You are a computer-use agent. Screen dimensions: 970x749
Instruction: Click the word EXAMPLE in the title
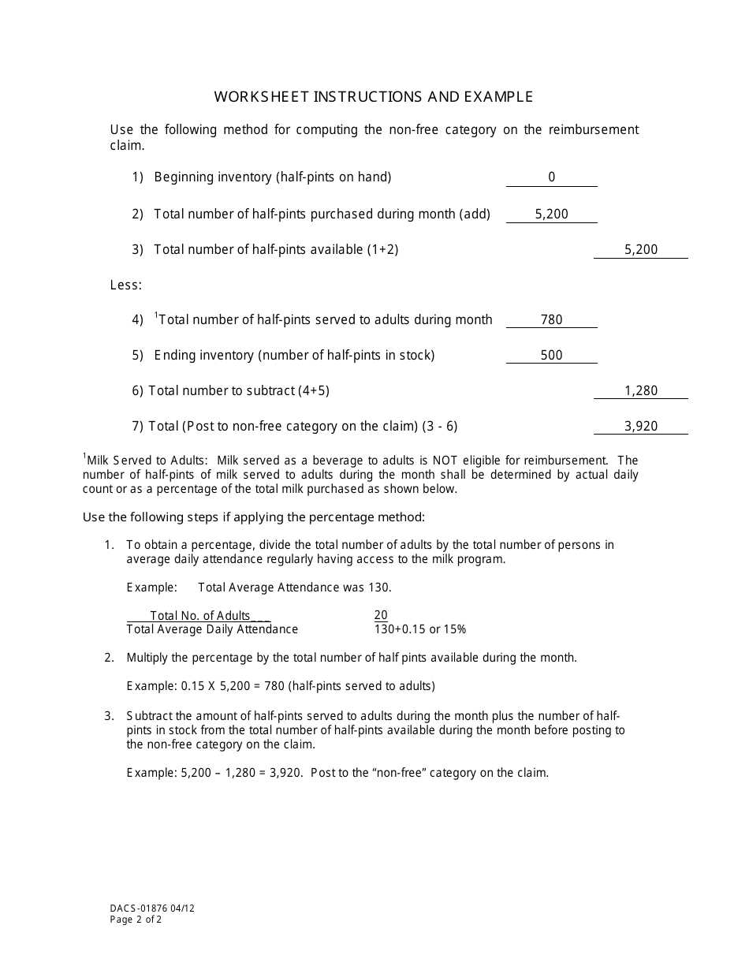pyautogui.click(x=498, y=97)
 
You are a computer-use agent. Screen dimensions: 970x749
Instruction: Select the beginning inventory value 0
pyautogui.click(x=552, y=177)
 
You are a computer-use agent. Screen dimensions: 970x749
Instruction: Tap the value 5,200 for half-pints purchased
pyautogui.click(x=551, y=214)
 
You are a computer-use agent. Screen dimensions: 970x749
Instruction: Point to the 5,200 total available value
pyautogui.click(x=641, y=250)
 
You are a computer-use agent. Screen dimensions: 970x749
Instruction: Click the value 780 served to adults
pyautogui.click(x=552, y=320)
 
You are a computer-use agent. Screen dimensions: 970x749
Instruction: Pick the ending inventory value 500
pyautogui.click(x=552, y=356)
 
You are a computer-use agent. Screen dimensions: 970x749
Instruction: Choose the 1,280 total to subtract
pyautogui.click(x=641, y=391)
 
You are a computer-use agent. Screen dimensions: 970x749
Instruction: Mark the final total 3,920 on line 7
pyautogui.click(x=641, y=427)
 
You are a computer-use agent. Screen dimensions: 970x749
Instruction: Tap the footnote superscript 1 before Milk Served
pyautogui.click(x=84, y=456)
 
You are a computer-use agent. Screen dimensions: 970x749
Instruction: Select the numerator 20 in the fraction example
pyautogui.click(x=381, y=615)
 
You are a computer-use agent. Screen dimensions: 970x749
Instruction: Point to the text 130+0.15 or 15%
pyautogui.click(x=420, y=629)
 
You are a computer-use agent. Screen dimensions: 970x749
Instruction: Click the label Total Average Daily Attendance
pyautogui.click(x=212, y=629)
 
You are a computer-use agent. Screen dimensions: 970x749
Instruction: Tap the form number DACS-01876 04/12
pyautogui.click(x=152, y=908)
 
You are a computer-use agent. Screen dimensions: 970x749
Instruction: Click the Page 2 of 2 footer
pyautogui.click(x=136, y=920)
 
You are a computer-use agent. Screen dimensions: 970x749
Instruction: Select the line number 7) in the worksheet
pyautogui.click(x=138, y=427)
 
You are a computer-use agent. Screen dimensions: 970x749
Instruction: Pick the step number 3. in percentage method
pyautogui.click(x=110, y=716)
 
